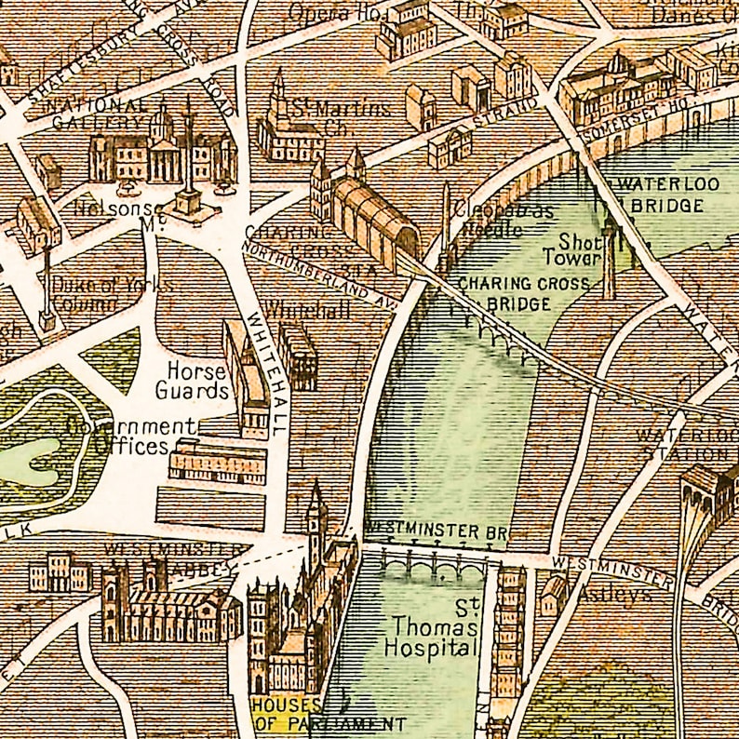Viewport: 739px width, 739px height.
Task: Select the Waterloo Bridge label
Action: click(666, 194)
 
